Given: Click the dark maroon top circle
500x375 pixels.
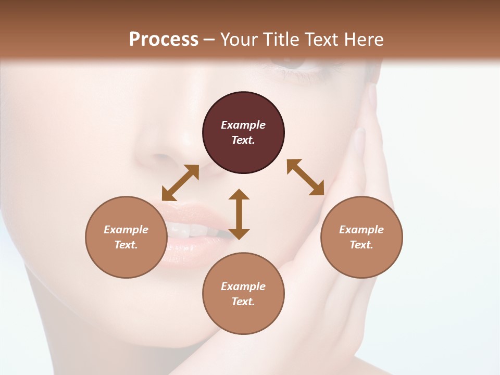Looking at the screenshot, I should [x=243, y=133].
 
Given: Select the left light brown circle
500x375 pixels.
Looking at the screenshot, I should [x=126, y=237].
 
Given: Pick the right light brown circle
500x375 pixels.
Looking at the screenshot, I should [x=361, y=237].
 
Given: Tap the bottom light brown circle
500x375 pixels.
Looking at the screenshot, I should [x=243, y=294].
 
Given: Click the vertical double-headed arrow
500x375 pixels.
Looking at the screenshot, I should [x=239, y=214].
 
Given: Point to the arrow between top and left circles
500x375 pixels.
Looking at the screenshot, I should [x=180, y=183].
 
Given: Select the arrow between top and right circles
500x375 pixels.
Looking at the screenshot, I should [x=306, y=178].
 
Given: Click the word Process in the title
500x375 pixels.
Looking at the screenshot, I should [x=164, y=40].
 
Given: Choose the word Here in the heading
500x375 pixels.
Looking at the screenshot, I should [x=364, y=40].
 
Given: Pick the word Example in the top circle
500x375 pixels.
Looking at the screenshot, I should [x=243, y=125].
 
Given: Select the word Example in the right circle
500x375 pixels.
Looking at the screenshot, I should [x=361, y=230].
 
